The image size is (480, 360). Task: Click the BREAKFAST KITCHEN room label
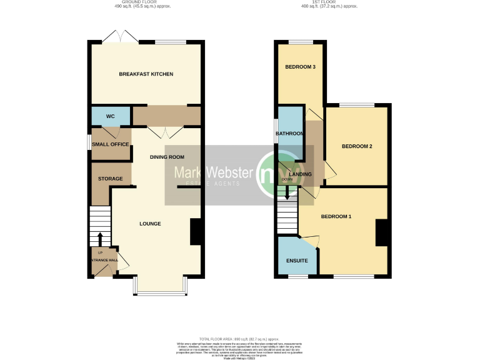tap(146, 74)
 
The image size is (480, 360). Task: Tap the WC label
tap(110, 116)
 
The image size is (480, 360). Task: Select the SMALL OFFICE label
tap(111, 144)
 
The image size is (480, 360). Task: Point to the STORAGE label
tap(111, 179)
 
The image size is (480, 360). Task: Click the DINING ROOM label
tap(167, 157)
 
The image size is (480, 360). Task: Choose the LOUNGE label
tap(150, 224)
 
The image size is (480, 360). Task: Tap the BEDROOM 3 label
tap(300, 67)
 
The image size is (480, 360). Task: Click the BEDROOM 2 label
tap(357, 146)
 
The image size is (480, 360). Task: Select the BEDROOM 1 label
tap(336, 217)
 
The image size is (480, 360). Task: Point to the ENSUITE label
tap(296, 260)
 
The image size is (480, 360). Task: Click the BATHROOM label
tap(291, 134)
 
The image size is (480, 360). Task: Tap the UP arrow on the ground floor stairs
tap(100, 239)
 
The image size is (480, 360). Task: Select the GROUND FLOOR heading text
tap(146, 2)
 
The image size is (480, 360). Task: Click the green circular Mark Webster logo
tap(273, 172)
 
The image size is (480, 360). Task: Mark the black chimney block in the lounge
tap(195, 232)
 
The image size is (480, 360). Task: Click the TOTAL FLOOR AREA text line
tap(240, 337)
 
